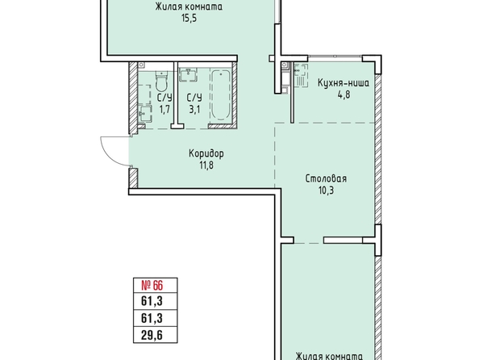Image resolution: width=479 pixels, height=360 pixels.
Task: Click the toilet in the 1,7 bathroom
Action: click(161, 81)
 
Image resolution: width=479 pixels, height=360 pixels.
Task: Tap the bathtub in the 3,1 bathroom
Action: click(221, 95)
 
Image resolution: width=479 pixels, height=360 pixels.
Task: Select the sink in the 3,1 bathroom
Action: click(188, 75)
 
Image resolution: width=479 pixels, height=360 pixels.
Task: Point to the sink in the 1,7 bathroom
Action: click(145, 114)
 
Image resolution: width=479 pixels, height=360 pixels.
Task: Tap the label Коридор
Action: click(206, 153)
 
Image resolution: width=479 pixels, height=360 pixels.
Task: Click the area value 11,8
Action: click(206, 165)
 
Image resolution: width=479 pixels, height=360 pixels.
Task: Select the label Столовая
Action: click(326, 178)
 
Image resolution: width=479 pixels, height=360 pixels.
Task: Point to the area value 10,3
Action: click(327, 190)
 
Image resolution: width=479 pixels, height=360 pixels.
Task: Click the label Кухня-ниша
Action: click(344, 83)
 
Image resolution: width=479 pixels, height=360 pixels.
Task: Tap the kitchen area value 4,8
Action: click(344, 94)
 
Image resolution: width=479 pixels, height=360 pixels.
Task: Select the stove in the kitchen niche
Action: click(301, 75)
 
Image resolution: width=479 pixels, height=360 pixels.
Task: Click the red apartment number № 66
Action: click(152, 286)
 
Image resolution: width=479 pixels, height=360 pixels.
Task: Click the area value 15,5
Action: click(189, 19)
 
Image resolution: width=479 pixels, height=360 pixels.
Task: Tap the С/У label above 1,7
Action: click(165, 98)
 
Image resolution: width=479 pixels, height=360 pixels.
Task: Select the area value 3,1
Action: click(194, 109)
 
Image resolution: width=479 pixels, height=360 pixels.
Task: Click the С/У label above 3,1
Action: click(194, 98)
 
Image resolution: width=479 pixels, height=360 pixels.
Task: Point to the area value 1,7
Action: click(165, 109)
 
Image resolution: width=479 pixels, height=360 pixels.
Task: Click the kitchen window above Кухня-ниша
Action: click(335, 57)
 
